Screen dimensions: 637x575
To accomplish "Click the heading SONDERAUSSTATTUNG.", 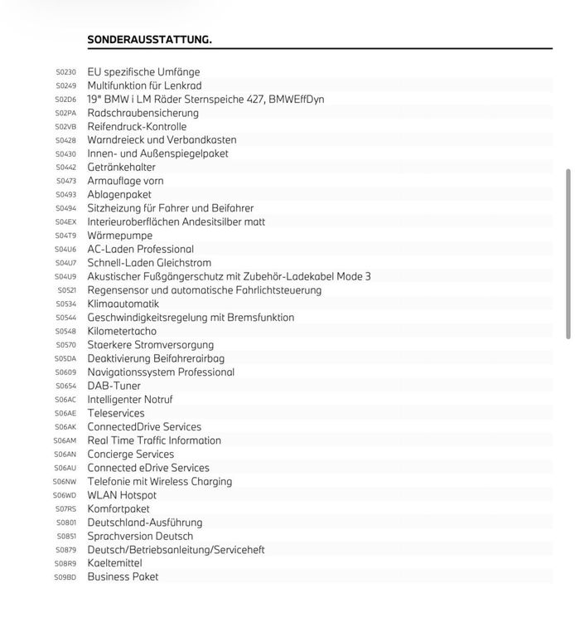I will click(149, 39).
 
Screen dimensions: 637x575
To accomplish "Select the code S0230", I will click(65, 72).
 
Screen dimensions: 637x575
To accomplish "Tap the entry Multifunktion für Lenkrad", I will click(144, 85).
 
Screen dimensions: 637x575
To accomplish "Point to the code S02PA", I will click(65, 113).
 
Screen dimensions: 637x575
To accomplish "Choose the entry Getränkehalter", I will click(121, 168).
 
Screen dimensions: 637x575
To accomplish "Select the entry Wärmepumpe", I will click(119, 236).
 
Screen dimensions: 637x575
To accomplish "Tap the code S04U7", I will click(65, 263).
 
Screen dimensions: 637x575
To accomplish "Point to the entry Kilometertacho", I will click(122, 331).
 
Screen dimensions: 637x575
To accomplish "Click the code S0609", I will click(65, 372).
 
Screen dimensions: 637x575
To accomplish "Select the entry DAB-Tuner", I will click(114, 386).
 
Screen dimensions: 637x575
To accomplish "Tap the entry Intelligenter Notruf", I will click(130, 400).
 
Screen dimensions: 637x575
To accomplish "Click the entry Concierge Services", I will click(130, 455).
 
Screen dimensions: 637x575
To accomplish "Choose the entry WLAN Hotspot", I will click(122, 495).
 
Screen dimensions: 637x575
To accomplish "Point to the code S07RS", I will click(65, 509).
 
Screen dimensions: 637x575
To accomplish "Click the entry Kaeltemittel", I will click(114, 563).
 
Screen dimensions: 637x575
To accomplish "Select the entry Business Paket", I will click(123, 576).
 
